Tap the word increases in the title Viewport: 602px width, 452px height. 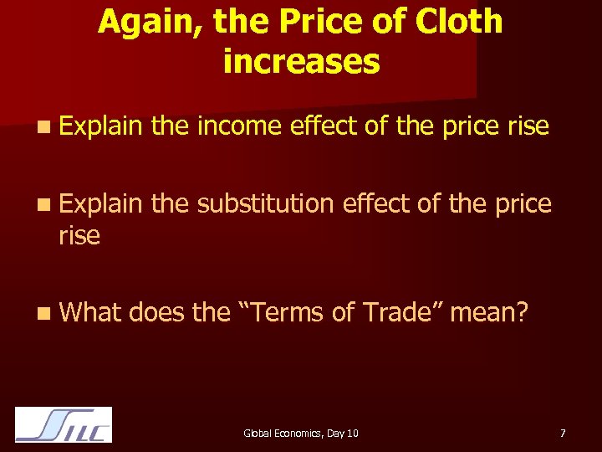point(302,61)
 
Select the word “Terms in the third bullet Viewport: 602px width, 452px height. point(285,312)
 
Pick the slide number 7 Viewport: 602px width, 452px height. point(563,433)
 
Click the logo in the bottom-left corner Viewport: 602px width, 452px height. point(64,424)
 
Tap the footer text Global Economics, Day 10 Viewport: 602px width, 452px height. point(301,433)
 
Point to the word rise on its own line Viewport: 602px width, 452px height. point(79,236)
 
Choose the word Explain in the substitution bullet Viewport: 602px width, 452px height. point(101,203)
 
